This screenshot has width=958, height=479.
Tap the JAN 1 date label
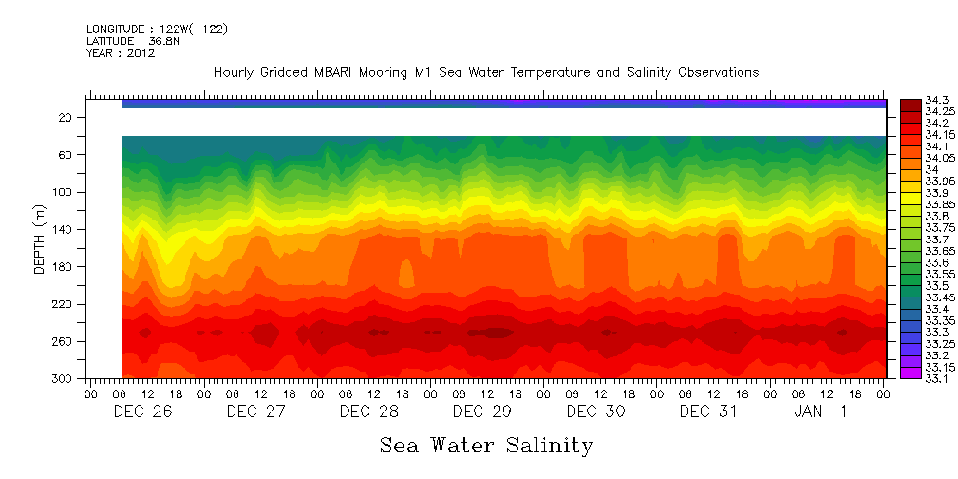coord(820,412)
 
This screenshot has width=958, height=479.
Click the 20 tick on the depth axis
coord(66,117)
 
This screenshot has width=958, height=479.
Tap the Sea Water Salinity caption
coord(486,445)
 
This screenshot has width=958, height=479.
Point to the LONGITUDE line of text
coord(157,29)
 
